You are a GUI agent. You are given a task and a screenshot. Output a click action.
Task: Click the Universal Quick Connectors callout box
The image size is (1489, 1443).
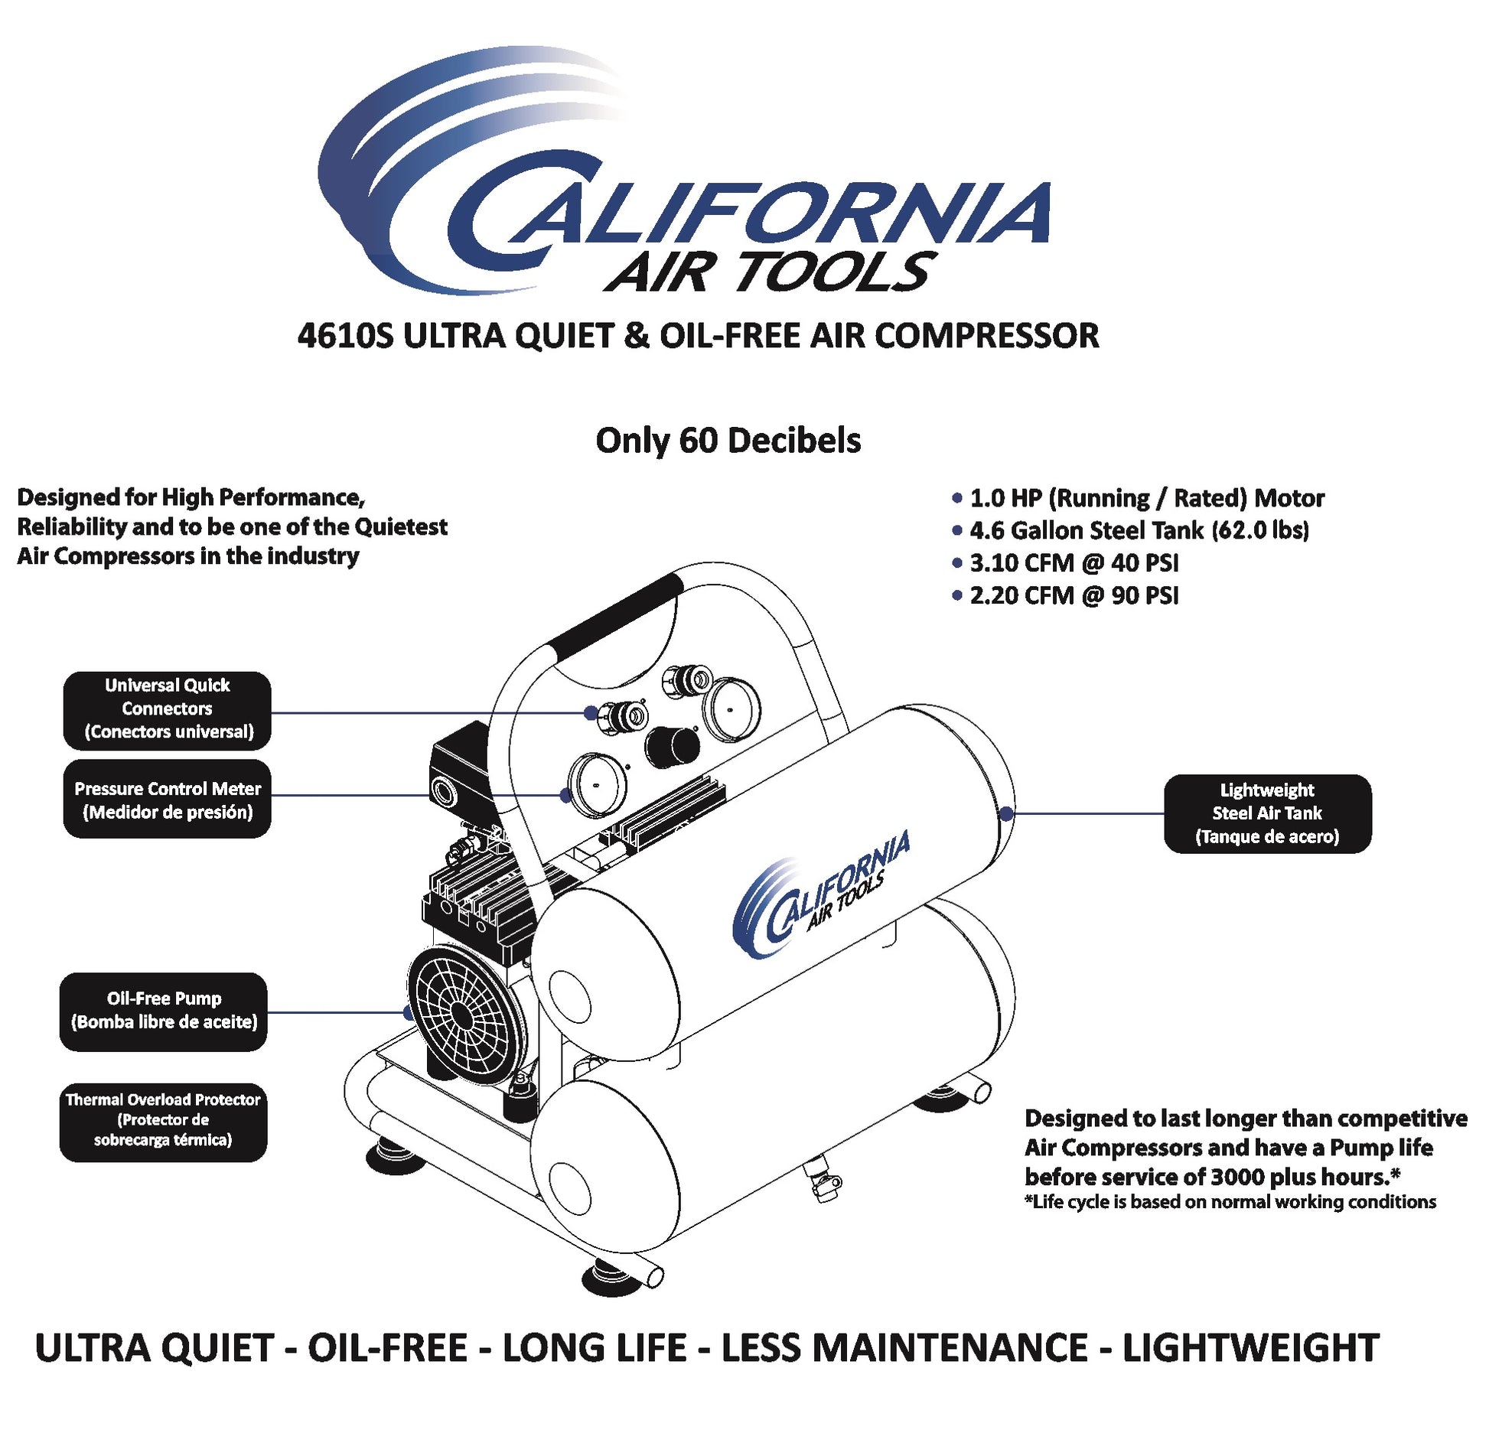(167, 710)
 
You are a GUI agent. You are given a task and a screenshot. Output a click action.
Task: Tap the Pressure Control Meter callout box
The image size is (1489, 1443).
(167, 799)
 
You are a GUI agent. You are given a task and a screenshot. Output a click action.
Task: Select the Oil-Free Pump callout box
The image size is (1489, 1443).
(164, 1011)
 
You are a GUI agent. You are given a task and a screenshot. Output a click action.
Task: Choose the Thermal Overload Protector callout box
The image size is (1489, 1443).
(164, 1122)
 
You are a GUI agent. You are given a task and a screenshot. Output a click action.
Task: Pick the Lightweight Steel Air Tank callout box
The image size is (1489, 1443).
(1267, 813)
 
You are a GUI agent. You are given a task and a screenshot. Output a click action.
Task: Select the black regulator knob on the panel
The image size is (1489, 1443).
(672, 747)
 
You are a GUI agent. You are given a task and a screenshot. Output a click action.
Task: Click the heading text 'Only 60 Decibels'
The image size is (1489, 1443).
(728, 440)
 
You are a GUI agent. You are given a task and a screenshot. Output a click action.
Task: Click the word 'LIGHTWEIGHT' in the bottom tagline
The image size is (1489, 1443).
(1250, 1347)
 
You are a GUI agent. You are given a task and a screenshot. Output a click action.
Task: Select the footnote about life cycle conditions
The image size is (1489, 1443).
(1230, 1201)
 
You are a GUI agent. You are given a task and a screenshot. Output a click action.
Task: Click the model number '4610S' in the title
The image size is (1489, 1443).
(344, 336)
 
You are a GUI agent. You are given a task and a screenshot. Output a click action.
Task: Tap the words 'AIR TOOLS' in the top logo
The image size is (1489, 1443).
(771, 272)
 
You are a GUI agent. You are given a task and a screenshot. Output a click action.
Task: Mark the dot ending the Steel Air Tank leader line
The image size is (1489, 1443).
(1007, 813)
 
